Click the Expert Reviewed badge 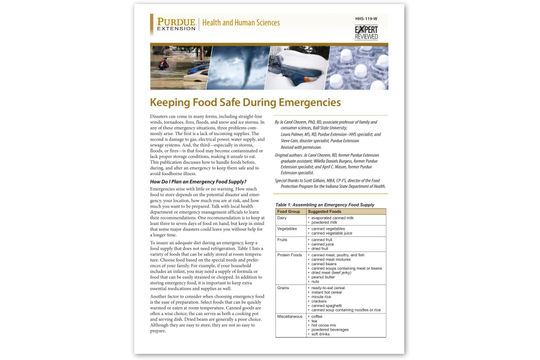pyautogui.click(x=366, y=32)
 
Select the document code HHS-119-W pyautogui.click(x=367, y=19)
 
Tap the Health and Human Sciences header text pyautogui.click(x=241, y=23)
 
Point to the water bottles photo pyautogui.click(x=356, y=68)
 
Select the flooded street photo pyautogui.click(x=179, y=68)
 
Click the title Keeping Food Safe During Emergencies pyautogui.click(x=245, y=103)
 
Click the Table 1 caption pyautogui.click(x=325, y=205)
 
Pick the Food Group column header pyautogui.click(x=289, y=211)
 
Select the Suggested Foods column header pyautogui.click(x=325, y=211)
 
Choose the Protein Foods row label pyautogui.click(x=289, y=255)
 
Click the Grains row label pyautogui.click(x=283, y=288)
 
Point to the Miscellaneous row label pyautogui.click(x=290, y=316)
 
